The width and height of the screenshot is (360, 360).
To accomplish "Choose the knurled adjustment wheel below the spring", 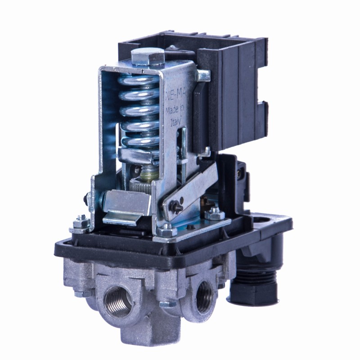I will click(x=140, y=185).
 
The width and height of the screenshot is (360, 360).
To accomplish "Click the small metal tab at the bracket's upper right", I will click(x=203, y=75).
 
